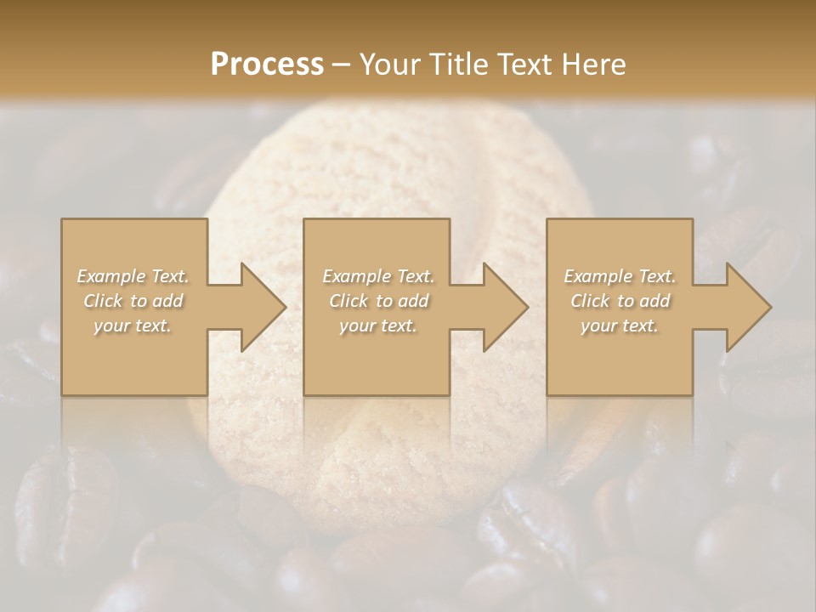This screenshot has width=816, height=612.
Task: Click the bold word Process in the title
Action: [x=267, y=64]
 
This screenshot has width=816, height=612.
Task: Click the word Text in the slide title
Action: [x=527, y=64]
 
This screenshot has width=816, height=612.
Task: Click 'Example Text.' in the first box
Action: [x=133, y=276]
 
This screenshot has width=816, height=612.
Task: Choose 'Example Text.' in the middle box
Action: [x=378, y=276]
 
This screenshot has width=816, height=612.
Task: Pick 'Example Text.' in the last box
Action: [x=620, y=276]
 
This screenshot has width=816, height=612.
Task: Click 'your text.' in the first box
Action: [x=133, y=326]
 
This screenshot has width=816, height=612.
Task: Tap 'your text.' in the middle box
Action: [x=377, y=326]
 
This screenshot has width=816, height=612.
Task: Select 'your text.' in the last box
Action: [x=619, y=326]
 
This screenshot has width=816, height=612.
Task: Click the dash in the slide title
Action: [x=342, y=65]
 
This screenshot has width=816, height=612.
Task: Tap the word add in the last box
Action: [x=654, y=301]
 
